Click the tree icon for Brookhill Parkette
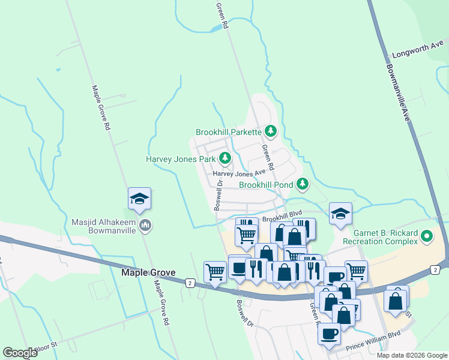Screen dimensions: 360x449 tap(271, 131)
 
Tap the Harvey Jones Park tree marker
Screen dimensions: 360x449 tap(225, 159)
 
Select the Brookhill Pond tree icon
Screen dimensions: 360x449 tap(303, 183)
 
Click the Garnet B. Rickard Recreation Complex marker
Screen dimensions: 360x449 tap(427, 236)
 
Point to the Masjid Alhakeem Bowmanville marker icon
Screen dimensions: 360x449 tap(145, 226)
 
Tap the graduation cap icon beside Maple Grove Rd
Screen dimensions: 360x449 tap(139, 199)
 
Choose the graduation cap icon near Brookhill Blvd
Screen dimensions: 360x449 tap(340, 213)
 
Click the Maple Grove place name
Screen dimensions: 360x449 tap(148, 272)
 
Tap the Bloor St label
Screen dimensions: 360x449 tap(45, 346)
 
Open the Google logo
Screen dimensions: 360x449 tap(20, 353)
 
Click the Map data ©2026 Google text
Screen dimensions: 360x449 tap(412, 355)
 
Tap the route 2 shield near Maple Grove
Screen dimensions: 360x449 tap(190, 282)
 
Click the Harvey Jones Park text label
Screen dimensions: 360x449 tap(181, 160)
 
